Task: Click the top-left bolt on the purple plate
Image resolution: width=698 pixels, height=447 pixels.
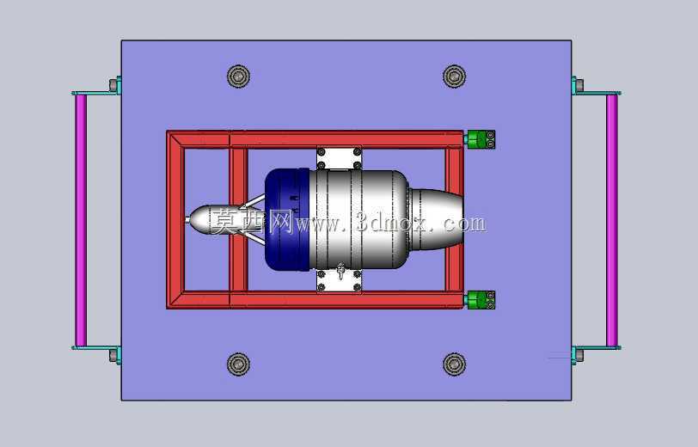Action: tap(238, 76)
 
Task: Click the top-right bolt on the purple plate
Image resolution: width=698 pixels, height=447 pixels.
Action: tap(454, 76)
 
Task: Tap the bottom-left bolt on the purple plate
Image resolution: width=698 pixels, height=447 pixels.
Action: tap(238, 364)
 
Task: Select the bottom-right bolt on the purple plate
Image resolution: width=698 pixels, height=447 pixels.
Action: tap(454, 364)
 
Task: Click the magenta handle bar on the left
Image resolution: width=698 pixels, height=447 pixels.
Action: tap(81, 220)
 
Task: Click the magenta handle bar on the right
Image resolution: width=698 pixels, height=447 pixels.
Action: tap(612, 220)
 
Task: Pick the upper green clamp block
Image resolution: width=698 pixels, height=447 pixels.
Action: tap(480, 139)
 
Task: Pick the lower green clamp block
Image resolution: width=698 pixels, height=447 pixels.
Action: tap(480, 300)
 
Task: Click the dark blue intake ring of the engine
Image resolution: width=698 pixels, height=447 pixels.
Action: tap(287, 219)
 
